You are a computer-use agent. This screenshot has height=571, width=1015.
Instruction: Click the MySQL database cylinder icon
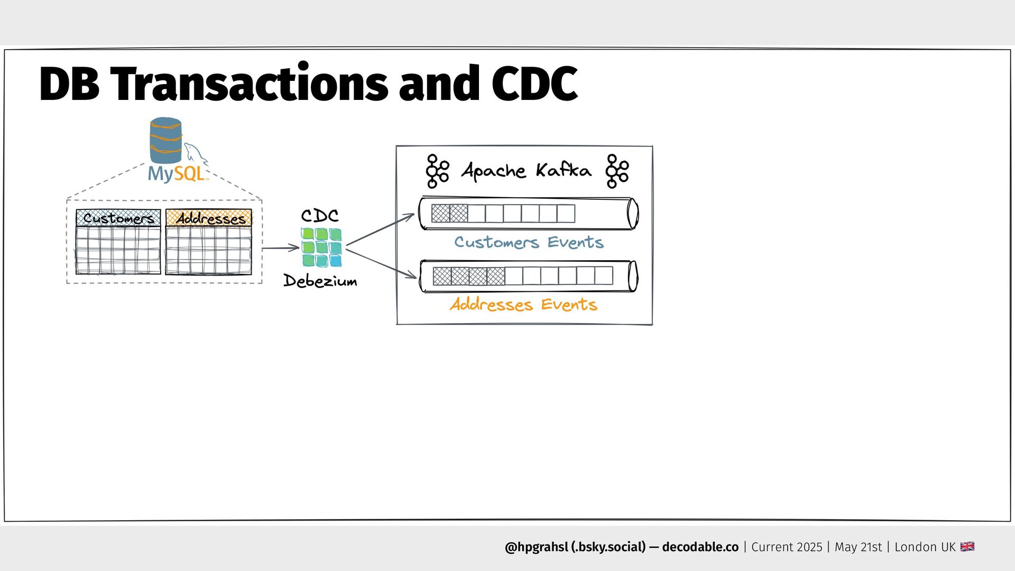[165, 140]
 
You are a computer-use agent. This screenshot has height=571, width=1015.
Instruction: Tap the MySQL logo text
[176, 173]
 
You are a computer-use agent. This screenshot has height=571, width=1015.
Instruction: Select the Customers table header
[118, 218]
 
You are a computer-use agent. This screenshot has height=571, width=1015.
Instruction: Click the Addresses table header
[209, 218]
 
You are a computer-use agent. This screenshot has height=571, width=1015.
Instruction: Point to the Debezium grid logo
[321, 247]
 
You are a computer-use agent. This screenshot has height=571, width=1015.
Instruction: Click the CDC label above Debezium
[320, 215]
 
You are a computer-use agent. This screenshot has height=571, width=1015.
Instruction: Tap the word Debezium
[320, 280]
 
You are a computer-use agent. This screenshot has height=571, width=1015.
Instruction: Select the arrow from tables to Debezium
[281, 247]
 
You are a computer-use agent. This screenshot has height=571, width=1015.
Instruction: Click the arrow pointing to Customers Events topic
[381, 229]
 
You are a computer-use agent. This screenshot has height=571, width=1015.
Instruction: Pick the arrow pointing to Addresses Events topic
[382, 263]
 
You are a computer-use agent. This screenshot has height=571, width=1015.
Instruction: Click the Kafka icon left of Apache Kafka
[438, 171]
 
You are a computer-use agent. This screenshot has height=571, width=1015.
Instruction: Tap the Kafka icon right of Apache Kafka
[617, 171]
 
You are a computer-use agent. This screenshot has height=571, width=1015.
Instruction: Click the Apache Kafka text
[527, 170]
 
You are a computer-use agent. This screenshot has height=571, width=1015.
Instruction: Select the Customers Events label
[529, 242]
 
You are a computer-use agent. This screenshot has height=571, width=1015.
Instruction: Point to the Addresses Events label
[523, 305]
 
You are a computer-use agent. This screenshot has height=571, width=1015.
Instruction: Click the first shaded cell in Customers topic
[440, 214]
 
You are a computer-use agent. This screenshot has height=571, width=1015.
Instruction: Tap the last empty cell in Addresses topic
[604, 276]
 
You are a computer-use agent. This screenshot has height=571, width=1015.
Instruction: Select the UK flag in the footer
[967, 547]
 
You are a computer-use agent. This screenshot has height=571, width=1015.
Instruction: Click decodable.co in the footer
[700, 547]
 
